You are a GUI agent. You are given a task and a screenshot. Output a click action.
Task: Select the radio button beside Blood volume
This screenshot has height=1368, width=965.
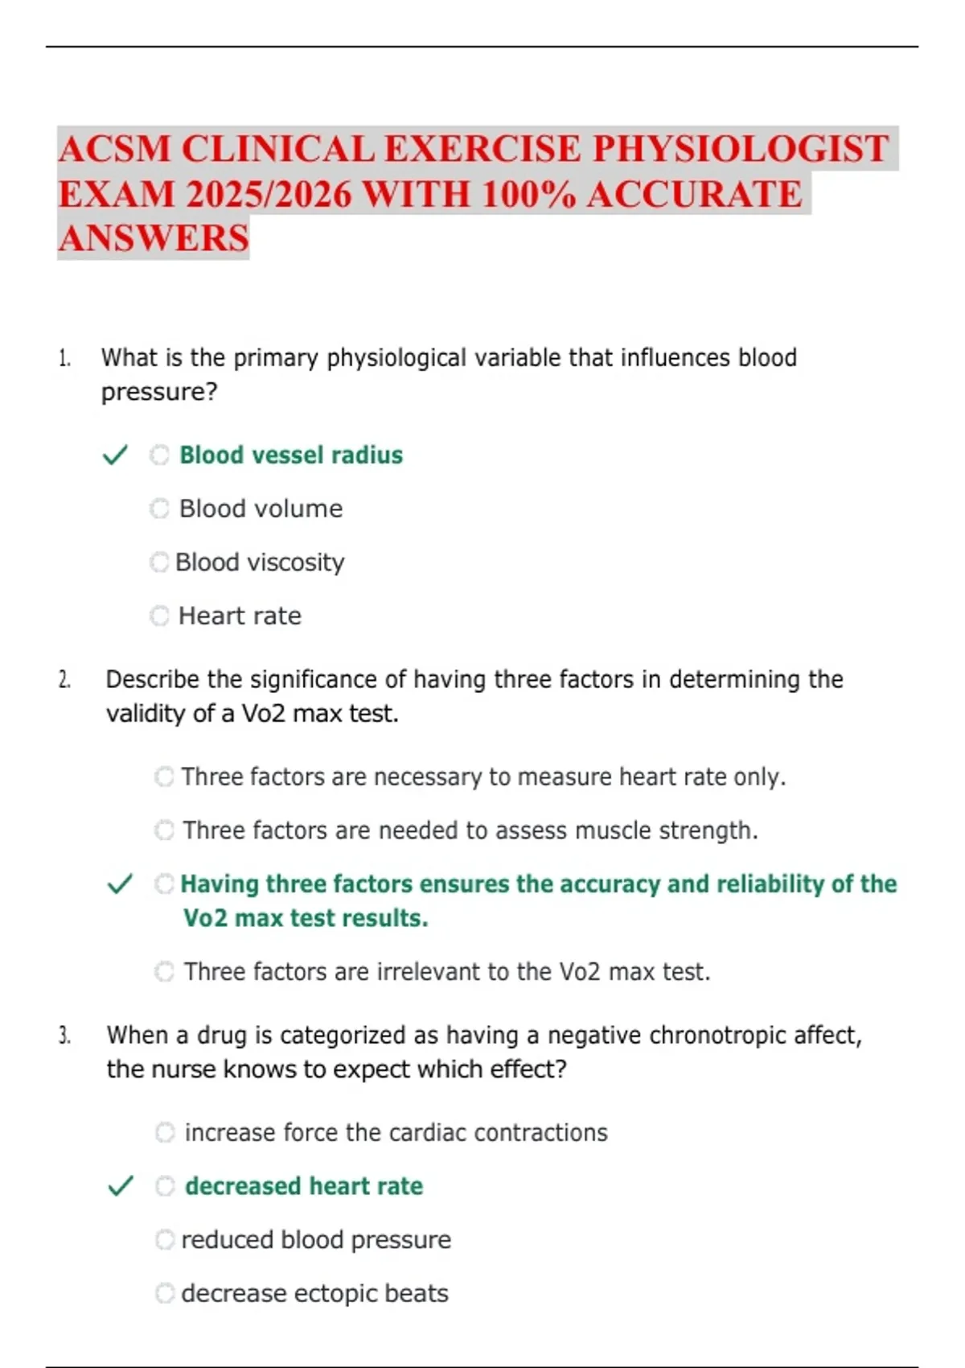click(x=160, y=509)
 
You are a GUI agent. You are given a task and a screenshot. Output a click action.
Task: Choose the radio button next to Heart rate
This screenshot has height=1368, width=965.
click(x=160, y=616)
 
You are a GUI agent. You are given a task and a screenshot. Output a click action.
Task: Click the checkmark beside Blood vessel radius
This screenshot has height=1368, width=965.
click(x=115, y=455)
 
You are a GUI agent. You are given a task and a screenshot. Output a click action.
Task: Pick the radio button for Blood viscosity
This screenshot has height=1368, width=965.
click(x=160, y=562)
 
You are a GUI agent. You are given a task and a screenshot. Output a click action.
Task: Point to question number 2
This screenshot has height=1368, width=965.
click(x=64, y=680)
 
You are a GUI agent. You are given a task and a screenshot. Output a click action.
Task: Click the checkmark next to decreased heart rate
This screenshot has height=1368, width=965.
click(x=120, y=1186)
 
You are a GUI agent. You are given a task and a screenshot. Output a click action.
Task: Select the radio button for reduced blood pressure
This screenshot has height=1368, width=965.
click(x=165, y=1239)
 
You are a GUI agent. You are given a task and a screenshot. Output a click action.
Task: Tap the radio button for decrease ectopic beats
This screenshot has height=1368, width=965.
click(x=165, y=1293)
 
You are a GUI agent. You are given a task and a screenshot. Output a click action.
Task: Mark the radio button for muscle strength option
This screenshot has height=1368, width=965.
click(x=165, y=830)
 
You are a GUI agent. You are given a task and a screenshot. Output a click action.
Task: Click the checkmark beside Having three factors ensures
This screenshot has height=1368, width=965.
click(x=119, y=884)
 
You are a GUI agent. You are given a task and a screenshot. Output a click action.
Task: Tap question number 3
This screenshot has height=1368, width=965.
click(x=64, y=1036)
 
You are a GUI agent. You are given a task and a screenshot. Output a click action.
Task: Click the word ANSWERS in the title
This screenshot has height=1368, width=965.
click(x=154, y=239)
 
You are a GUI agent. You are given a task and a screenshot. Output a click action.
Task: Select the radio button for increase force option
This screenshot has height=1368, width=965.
click(x=165, y=1132)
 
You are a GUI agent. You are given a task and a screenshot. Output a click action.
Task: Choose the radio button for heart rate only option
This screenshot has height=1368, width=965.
click(x=165, y=777)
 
